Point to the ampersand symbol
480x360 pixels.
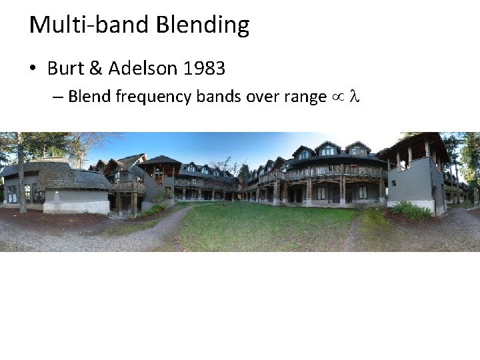click(x=94, y=68)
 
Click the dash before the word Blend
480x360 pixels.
click(x=57, y=97)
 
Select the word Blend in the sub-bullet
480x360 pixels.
click(x=89, y=97)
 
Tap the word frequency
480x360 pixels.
click(x=153, y=97)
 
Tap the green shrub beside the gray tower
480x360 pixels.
click(x=411, y=212)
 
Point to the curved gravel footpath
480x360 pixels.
click(x=160, y=230)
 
